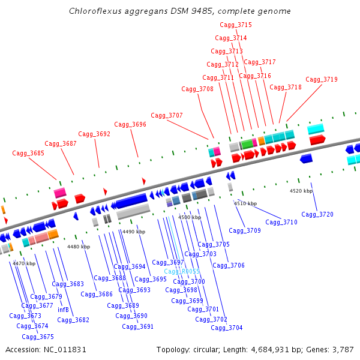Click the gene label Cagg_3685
click(28, 154)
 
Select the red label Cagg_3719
click(322, 79)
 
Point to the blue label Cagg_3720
click(317, 214)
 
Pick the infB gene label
click(63, 310)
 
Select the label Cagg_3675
click(38, 337)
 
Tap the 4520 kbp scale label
click(301, 191)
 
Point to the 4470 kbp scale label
click(24, 263)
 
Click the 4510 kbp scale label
click(245, 203)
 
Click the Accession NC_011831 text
click(46, 349)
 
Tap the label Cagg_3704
click(227, 328)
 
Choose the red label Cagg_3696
click(130, 124)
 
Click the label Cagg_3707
click(167, 115)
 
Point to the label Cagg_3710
click(281, 222)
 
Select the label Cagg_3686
click(97, 294)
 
